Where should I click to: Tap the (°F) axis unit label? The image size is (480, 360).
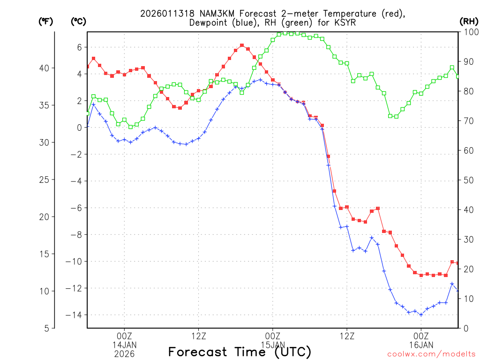pos(46,21)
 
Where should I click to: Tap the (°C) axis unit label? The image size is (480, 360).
pos(78,21)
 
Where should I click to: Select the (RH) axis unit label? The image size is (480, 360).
pos(468,21)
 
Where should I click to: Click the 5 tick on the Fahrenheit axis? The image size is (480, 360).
pos(46,328)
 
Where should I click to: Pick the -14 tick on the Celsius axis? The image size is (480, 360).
pos(75,315)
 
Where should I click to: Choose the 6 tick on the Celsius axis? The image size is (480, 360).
pos(79,47)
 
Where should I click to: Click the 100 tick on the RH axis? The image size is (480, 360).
pos(470,32)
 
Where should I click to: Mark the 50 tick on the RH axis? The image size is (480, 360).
pos(468,180)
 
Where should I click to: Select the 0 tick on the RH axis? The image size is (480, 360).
pos(465,328)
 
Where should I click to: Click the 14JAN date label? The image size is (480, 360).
pos(124,345)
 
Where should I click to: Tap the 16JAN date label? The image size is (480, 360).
pos(421,345)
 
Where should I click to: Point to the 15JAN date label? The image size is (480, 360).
pos(272,345)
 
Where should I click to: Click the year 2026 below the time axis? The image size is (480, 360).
pos(124,354)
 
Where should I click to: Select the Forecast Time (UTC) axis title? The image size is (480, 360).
pos(240,352)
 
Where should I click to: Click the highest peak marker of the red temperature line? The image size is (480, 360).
pos(242,45)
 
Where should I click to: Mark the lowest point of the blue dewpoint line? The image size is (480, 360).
pos(421,315)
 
